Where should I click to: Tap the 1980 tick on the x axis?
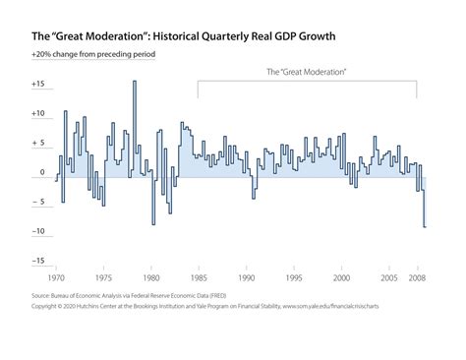pyautogui.click(x=150, y=278)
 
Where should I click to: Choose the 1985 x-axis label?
pyautogui.click(x=198, y=278)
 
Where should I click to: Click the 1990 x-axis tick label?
pyautogui.click(x=246, y=278)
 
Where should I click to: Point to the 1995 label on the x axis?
pyautogui.click(x=293, y=278)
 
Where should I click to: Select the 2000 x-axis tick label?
pyautogui.click(x=341, y=278)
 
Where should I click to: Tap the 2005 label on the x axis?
pyautogui.click(x=388, y=278)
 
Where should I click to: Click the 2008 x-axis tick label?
pyautogui.click(x=417, y=278)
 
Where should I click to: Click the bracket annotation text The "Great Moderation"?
pyautogui.click(x=308, y=72)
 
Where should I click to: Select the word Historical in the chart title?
pyautogui.click(x=172, y=35)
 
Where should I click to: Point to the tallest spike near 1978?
pyautogui.click(x=134, y=82)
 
